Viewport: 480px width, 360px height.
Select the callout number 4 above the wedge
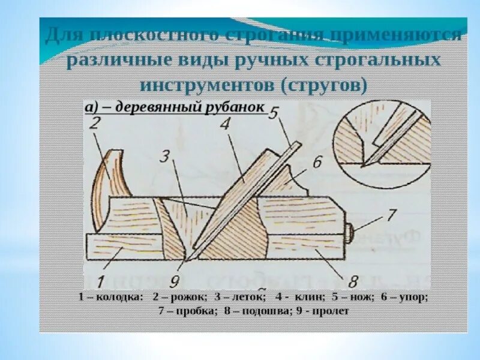coord(225,125)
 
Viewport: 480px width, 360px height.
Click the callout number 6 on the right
coord(317,162)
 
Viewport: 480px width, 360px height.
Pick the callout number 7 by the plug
coord(391,214)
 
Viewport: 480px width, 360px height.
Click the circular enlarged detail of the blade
coord(382,142)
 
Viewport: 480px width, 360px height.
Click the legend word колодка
coord(122,297)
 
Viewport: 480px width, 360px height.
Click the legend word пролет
coord(329,311)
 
